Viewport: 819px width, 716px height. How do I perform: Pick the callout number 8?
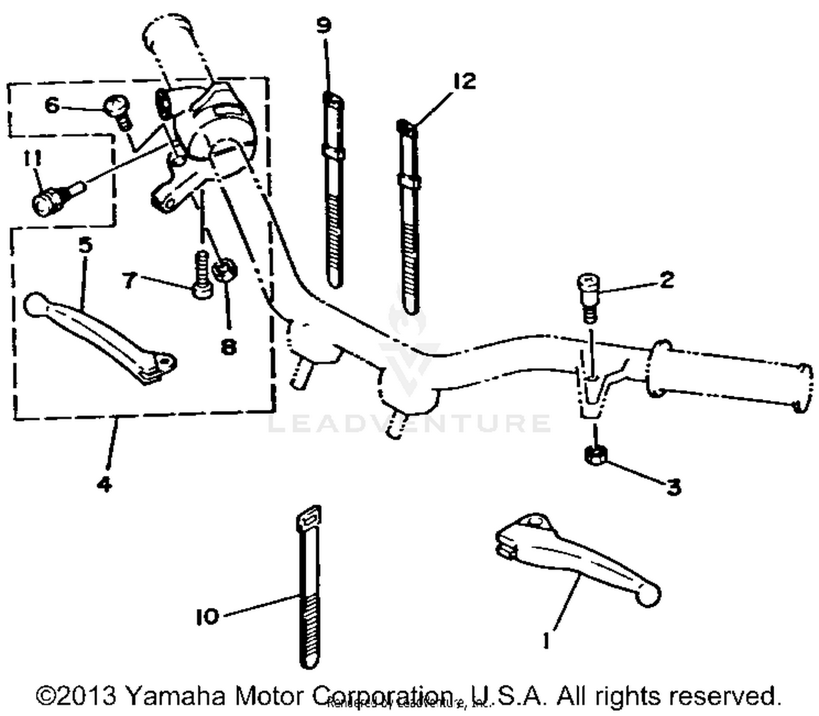pos(228,345)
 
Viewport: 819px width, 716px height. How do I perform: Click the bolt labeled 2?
pos(587,295)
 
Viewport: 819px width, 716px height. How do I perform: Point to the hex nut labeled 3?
pos(594,455)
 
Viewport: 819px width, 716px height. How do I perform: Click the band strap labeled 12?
pos(410,218)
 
